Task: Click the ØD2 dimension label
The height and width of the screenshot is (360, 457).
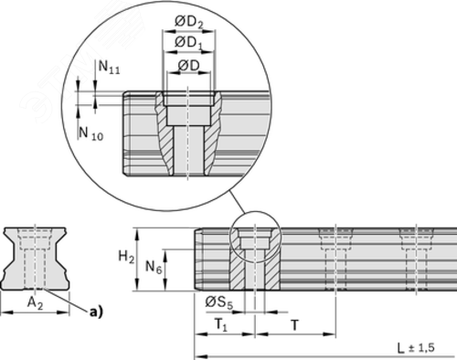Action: pos(189,22)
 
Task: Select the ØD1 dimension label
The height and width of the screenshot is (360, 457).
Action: pos(189,42)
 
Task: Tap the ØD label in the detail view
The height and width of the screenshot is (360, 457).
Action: pos(188,65)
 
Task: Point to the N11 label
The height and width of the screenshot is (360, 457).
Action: pos(109,67)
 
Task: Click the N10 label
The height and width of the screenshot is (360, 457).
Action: pos(91,133)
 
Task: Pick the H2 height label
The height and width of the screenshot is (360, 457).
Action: pos(126,258)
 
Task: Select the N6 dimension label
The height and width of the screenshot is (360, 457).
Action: pos(154,268)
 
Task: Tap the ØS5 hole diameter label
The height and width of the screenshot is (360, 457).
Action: pos(219,302)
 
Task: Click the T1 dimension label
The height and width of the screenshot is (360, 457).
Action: pos(221,325)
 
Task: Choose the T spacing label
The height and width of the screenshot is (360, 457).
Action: pos(294,325)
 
